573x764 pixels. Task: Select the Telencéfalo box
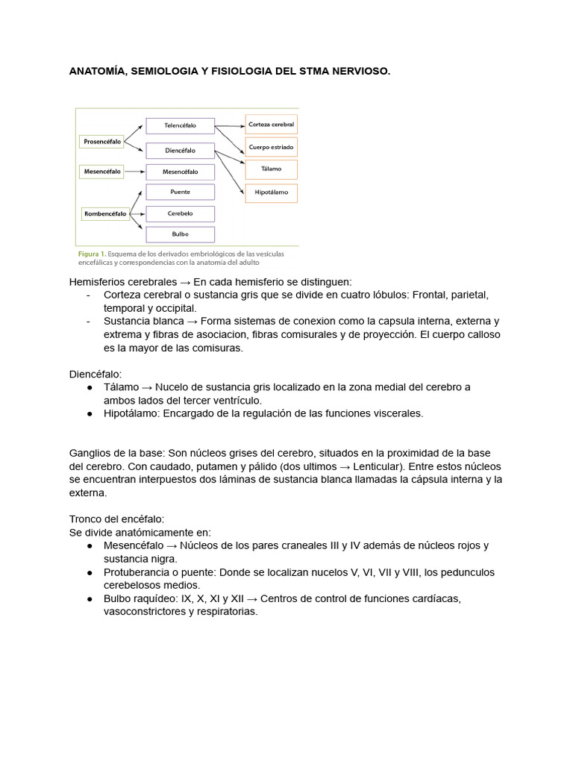click(180, 126)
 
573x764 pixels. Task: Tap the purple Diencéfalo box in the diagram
click(180, 150)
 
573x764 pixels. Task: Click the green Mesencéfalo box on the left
click(101, 172)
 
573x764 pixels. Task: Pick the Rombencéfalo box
click(104, 214)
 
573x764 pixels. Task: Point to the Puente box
click(180, 192)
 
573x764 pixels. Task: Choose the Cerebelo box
click(180, 213)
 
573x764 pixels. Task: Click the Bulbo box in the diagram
click(180, 234)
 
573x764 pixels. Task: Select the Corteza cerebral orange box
click(271, 124)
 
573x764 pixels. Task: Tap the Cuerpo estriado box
click(271, 147)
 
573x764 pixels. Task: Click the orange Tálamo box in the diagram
click(271, 169)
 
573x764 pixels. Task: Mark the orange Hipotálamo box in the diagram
click(271, 192)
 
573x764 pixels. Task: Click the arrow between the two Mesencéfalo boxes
click(134, 172)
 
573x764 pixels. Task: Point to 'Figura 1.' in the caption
click(93, 254)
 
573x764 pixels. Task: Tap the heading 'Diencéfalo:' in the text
click(95, 373)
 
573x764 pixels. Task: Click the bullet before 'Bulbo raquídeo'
click(90, 598)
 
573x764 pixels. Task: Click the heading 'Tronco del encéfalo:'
click(116, 519)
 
